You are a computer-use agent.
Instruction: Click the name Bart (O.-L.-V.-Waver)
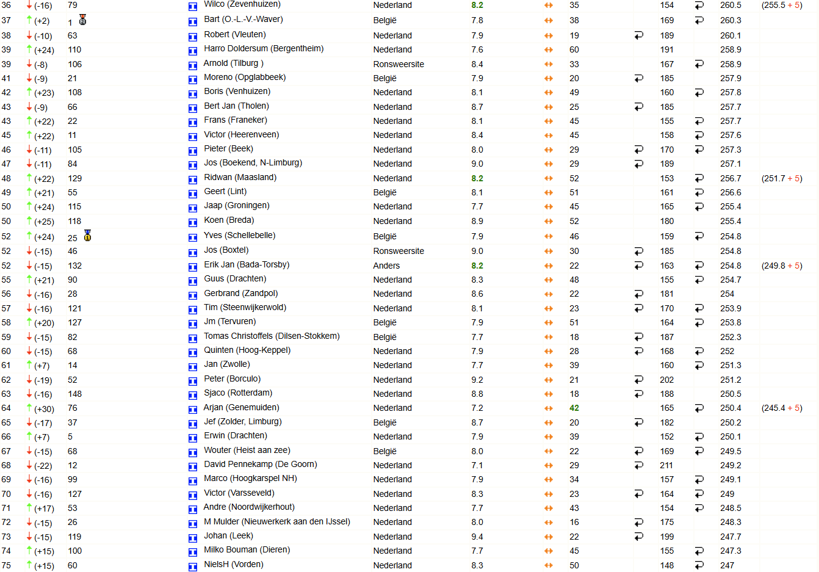(x=243, y=20)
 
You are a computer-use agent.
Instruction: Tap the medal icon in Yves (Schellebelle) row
(x=87, y=236)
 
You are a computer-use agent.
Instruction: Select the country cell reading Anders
(x=386, y=266)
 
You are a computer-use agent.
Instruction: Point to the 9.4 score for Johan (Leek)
(x=477, y=537)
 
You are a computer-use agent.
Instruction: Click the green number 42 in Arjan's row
(x=574, y=408)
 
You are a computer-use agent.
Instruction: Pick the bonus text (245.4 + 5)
(x=781, y=408)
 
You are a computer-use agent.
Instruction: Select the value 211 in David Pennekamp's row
(x=666, y=465)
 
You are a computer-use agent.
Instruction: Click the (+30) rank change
(x=44, y=409)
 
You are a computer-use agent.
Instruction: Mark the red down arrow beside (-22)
(x=29, y=465)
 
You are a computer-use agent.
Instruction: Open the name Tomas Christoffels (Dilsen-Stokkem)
(x=272, y=336)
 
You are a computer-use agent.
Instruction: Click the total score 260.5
(x=731, y=5)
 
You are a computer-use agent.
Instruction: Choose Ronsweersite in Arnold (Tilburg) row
(x=399, y=64)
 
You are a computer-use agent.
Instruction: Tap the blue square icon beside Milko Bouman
(x=192, y=552)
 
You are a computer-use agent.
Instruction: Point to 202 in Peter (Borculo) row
(x=666, y=380)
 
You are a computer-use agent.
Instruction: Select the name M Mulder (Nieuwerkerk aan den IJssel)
(x=276, y=522)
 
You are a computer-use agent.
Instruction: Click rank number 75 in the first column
(x=6, y=565)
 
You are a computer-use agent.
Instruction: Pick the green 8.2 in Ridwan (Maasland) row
(x=477, y=178)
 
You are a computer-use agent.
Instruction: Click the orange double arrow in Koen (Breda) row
(x=548, y=221)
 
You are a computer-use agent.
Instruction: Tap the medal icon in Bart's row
(x=82, y=20)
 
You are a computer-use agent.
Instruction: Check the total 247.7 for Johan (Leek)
(x=731, y=537)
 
